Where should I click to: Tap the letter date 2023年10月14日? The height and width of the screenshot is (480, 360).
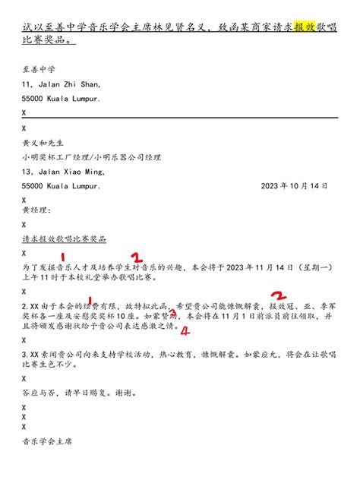coord(295,185)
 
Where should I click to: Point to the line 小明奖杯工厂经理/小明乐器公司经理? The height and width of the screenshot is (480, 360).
coord(91,157)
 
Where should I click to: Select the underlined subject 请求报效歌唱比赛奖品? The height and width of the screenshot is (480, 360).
coord(64,238)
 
